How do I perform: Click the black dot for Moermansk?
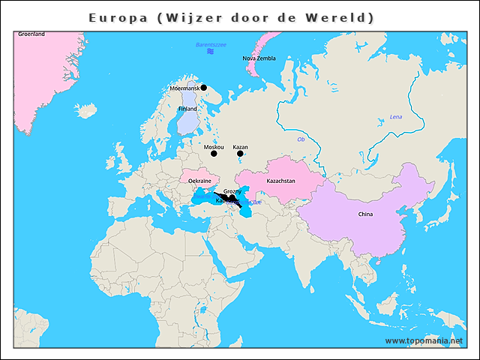click(x=203, y=88)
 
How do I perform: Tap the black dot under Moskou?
click(x=214, y=154)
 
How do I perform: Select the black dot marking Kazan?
click(x=240, y=154)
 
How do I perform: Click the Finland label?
click(x=187, y=109)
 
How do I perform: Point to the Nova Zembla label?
click(x=259, y=58)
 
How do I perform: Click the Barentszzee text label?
click(x=210, y=46)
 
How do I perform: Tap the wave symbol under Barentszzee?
click(x=211, y=52)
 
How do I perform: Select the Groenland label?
click(x=31, y=34)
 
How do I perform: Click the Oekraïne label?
click(x=199, y=181)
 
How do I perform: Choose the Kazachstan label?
click(x=281, y=181)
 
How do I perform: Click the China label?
click(x=365, y=214)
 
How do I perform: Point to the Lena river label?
click(x=396, y=117)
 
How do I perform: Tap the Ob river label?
click(x=301, y=139)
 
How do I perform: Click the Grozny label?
click(x=232, y=192)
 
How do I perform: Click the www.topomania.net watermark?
click(x=424, y=340)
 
